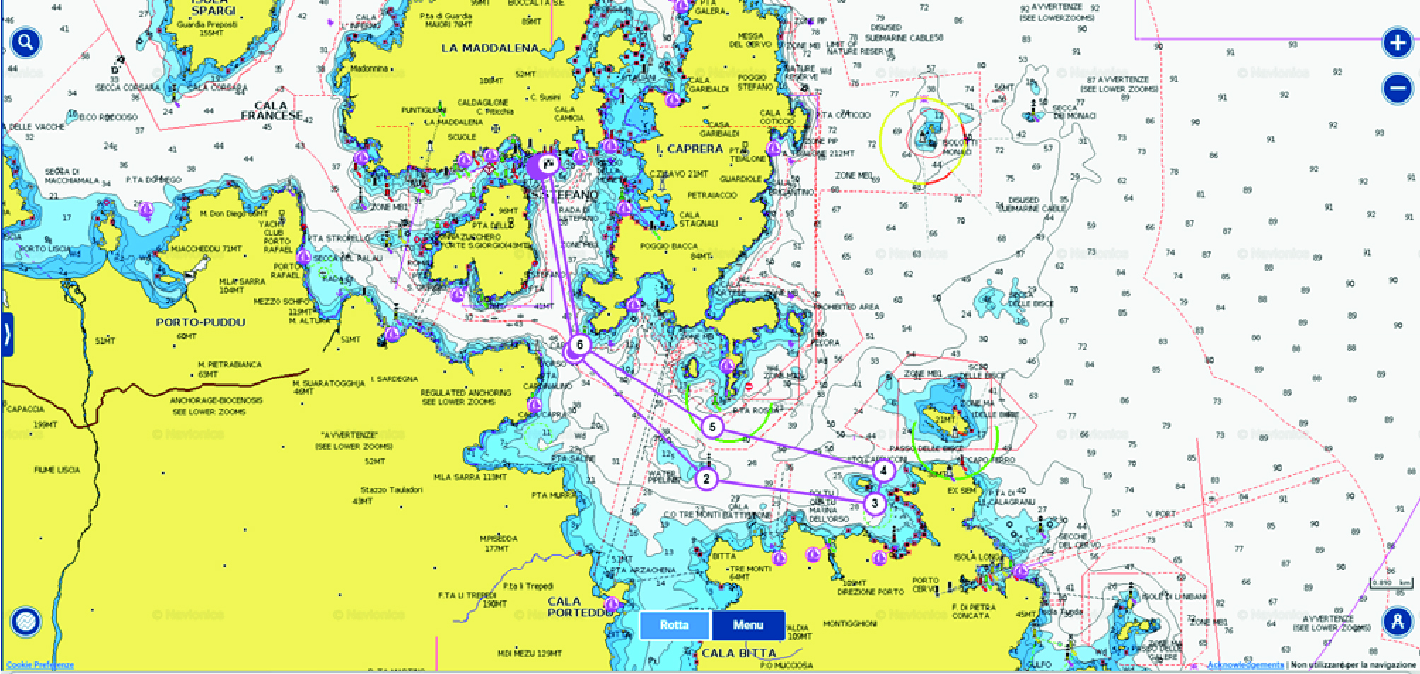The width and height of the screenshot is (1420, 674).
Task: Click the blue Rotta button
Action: coord(674,624)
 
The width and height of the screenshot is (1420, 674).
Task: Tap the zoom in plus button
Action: coord(1397,43)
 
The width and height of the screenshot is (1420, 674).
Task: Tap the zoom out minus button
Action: coord(1397,89)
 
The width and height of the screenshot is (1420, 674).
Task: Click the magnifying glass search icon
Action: coord(25,43)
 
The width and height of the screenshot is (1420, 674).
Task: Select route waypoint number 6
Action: coord(580,344)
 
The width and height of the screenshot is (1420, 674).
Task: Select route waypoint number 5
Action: coord(712,426)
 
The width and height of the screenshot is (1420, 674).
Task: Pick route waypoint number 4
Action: coord(883,470)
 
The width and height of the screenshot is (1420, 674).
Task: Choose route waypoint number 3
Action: coord(875,504)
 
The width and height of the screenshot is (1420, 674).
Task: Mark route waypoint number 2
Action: coord(706,479)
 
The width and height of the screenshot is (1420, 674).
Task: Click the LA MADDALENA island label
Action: coord(489,48)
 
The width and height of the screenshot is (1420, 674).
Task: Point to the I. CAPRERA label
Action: coord(689,149)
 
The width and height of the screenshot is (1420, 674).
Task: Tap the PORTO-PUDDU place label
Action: coord(200,322)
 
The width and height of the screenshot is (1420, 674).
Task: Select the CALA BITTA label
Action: coord(738,653)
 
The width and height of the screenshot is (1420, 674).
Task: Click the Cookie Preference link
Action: coord(40,665)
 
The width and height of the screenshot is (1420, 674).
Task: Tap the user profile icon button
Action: coord(1397,622)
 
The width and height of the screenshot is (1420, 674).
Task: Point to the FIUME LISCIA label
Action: coord(57,470)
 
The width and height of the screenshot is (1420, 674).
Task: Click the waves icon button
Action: coord(26,622)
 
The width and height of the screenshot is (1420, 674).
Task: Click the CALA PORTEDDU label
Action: coord(576,607)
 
